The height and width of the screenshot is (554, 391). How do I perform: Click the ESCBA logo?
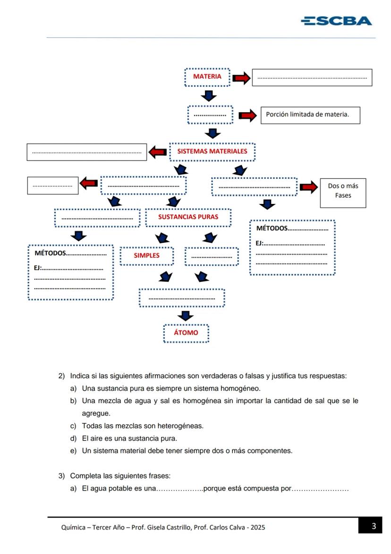click(x=336, y=21)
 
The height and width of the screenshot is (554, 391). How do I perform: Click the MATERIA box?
click(x=207, y=77)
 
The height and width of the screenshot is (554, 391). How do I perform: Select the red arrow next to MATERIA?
click(x=241, y=79)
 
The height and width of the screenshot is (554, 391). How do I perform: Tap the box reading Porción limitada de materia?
click(x=310, y=115)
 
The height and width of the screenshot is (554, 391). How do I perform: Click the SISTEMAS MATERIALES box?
click(x=212, y=152)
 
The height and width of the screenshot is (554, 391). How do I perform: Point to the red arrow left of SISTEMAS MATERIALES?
click(x=157, y=152)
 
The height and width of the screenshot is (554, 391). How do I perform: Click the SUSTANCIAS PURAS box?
click(x=188, y=218)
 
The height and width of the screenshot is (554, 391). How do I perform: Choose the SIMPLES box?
click(x=146, y=255)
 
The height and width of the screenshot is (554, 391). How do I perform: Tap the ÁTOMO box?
click(x=186, y=333)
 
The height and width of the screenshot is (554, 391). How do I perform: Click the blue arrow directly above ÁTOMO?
click(x=186, y=316)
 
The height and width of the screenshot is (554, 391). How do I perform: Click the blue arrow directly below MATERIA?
click(x=208, y=96)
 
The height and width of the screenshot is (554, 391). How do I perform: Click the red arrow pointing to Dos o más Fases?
click(x=308, y=187)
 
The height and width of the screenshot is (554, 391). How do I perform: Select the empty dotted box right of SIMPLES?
click(x=212, y=256)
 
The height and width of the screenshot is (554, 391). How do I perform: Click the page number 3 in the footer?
click(x=374, y=526)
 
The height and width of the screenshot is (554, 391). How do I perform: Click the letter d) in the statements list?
click(x=73, y=439)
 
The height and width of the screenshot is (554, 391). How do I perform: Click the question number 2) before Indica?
click(x=61, y=376)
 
